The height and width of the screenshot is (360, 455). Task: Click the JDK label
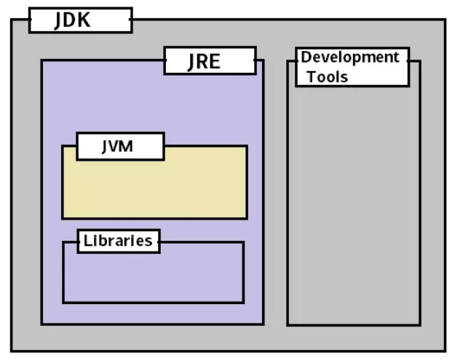[x=74, y=20]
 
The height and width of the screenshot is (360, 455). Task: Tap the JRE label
[x=204, y=61]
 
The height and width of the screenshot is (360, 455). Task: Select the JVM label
[x=116, y=146]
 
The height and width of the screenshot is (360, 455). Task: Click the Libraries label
[x=118, y=241]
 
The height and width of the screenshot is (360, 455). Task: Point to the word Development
[x=350, y=57]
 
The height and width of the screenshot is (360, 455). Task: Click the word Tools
[x=327, y=76]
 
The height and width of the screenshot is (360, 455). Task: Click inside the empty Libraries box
[x=153, y=276]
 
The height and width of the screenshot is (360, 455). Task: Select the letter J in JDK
[x=60, y=20]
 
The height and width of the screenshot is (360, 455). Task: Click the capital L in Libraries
[x=87, y=241]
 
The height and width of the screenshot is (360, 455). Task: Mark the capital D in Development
[x=307, y=57]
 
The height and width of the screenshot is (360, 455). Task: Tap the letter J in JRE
[x=192, y=61]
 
